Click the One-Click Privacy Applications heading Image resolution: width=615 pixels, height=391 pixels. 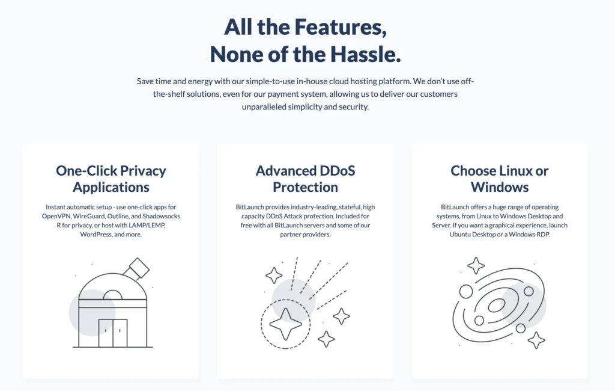point(111,178)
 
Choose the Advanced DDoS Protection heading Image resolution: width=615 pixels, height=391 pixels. point(305,178)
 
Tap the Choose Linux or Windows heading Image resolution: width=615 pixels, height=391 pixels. point(500,178)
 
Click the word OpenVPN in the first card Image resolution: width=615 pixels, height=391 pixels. point(56,215)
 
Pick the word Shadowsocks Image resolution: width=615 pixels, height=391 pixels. point(160,215)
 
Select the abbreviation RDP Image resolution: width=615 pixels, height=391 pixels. point(542,234)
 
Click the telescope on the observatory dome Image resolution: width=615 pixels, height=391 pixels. point(138,268)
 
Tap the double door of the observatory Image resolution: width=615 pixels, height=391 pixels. point(113,333)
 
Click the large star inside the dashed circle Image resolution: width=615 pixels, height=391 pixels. point(285,325)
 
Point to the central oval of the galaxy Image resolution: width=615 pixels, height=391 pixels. point(497,306)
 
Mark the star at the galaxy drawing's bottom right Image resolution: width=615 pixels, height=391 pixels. point(536,340)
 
